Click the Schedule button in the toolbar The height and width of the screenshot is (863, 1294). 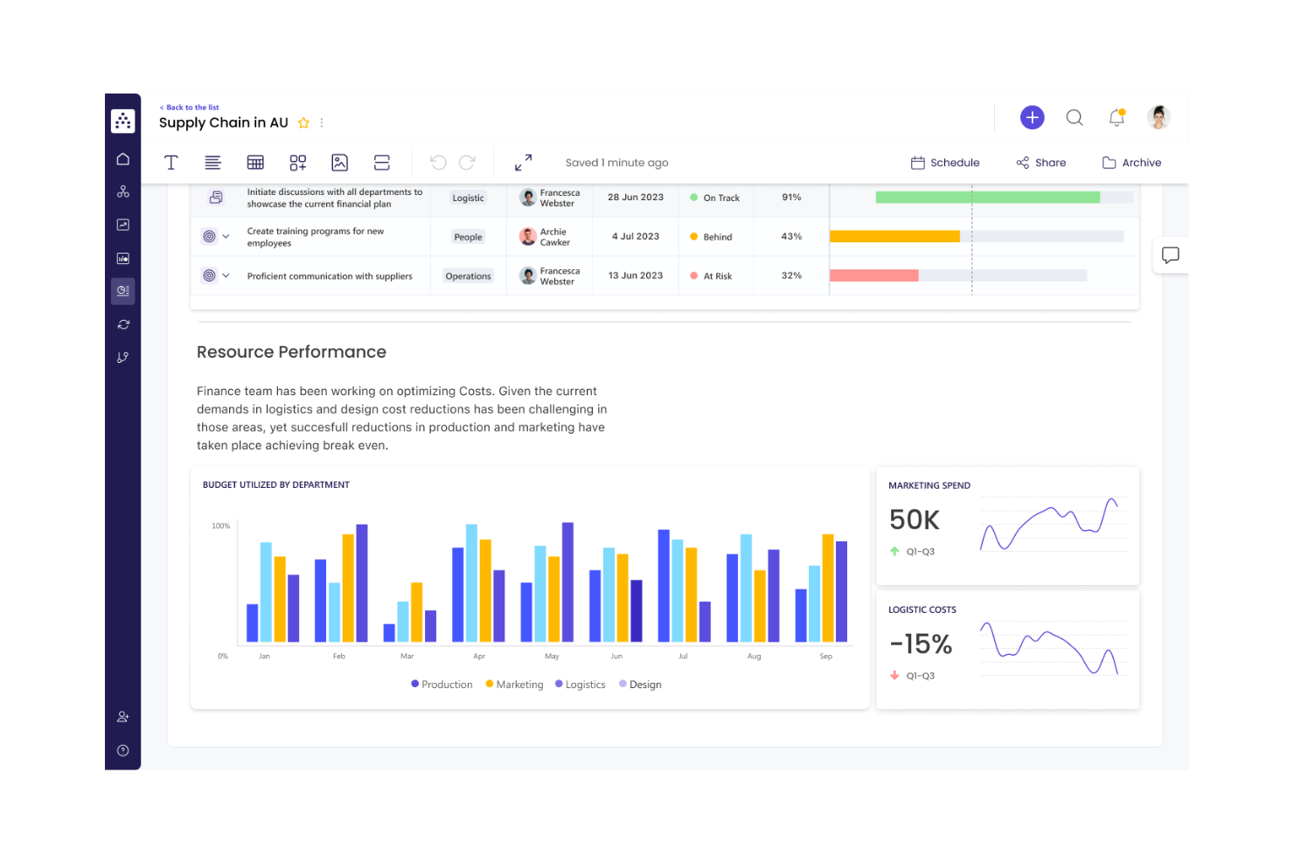(x=945, y=163)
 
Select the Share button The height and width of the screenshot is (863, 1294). (x=1041, y=163)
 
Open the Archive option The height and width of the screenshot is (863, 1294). (x=1132, y=163)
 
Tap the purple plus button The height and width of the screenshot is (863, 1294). (x=1032, y=117)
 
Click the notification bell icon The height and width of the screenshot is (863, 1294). (x=1117, y=117)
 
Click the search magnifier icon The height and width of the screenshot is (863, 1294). (x=1075, y=117)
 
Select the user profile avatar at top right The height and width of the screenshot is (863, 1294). (x=1158, y=117)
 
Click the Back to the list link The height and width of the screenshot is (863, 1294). (x=190, y=108)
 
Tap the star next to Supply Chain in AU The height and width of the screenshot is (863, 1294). (x=303, y=123)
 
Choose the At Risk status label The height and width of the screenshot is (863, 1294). (x=717, y=276)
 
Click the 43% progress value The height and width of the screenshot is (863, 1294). (x=791, y=236)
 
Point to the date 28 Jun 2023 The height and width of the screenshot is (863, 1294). (x=636, y=198)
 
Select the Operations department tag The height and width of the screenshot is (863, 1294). (x=468, y=276)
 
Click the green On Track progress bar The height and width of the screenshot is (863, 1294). (x=987, y=198)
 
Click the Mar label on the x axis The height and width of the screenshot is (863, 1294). (x=407, y=656)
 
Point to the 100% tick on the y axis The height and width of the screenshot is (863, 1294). (x=220, y=526)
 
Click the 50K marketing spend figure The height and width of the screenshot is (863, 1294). (x=914, y=520)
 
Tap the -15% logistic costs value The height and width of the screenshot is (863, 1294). (x=921, y=644)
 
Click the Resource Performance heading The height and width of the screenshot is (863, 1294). (x=291, y=352)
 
